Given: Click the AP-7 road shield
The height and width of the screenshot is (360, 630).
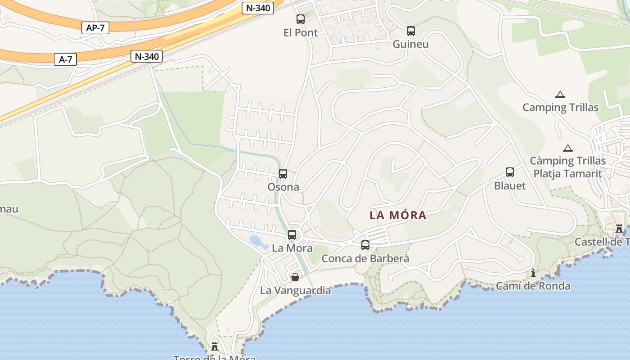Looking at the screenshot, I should point(95,28).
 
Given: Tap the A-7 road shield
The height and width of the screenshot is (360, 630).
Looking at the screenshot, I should point(66,59).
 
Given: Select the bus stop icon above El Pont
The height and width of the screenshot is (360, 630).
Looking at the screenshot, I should point(301,19).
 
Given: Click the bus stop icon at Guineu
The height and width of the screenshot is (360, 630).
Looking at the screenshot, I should point(411,31).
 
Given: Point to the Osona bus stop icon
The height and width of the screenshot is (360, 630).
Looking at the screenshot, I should point(283,174).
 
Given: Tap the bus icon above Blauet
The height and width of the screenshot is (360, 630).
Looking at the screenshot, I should point(510,172).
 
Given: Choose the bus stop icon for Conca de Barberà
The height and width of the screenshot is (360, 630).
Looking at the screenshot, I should point(365,245).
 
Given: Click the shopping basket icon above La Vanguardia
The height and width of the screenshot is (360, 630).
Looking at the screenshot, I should point(295,277).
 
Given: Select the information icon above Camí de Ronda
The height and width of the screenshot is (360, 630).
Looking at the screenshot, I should point(533,273).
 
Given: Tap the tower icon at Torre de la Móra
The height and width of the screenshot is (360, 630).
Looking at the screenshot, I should point(215,346).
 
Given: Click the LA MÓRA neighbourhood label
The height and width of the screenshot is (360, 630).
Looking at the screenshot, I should point(398,215).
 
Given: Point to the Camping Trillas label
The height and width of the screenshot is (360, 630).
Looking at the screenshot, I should point(560,108).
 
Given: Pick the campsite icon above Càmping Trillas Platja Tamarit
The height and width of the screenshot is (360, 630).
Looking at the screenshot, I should point(568,148).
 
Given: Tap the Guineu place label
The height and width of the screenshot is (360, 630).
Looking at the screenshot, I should point(410,44).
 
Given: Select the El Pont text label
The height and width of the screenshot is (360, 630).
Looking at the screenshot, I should point(301,33).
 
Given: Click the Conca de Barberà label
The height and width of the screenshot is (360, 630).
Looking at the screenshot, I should point(365,259).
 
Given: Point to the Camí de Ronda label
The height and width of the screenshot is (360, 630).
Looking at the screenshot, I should point(533,286).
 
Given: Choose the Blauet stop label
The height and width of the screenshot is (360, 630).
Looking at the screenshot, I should point(510,186).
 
